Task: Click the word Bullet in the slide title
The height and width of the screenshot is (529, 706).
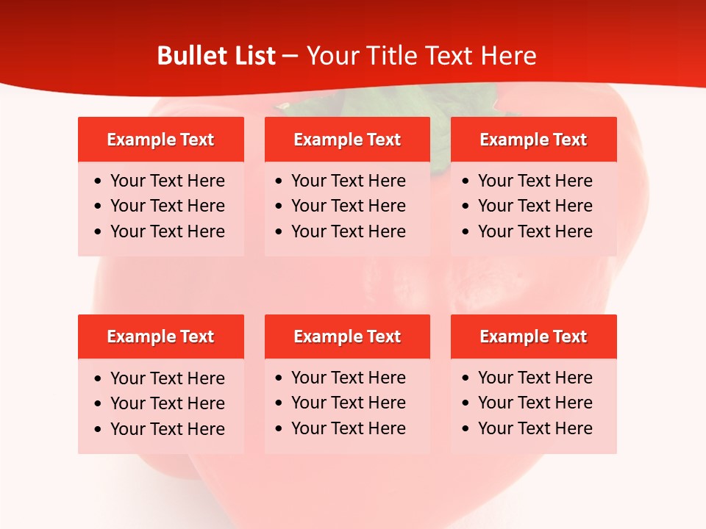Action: pos(190,56)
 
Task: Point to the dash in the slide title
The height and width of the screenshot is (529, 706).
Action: pos(290,56)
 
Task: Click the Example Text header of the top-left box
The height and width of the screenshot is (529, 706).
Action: pos(160,140)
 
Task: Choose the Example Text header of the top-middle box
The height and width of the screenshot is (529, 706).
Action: pos(347,140)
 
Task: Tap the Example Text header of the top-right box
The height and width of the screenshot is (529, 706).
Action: pos(533,140)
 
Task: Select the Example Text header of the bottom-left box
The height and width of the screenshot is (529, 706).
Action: pos(160,337)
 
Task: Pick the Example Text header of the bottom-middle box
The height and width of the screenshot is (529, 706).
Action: pos(347,337)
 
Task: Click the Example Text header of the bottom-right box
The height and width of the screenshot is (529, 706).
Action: pos(533,337)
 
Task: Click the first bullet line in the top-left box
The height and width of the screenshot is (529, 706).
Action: pos(167,181)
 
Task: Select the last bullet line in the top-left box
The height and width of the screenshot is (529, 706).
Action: pos(167,231)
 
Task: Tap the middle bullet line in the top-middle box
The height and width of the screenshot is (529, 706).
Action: pos(348,206)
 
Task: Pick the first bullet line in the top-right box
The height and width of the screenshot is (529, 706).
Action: pos(535,181)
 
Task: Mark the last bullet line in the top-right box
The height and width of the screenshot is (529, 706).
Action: pos(535,231)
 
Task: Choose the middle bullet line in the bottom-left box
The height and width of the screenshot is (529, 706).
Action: pos(167,403)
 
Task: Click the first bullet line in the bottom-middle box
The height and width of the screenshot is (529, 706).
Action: pos(348,378)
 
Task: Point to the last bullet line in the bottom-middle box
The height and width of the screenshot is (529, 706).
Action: pos(348,428)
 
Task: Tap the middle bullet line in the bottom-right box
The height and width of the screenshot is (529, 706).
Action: pos(535,403)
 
